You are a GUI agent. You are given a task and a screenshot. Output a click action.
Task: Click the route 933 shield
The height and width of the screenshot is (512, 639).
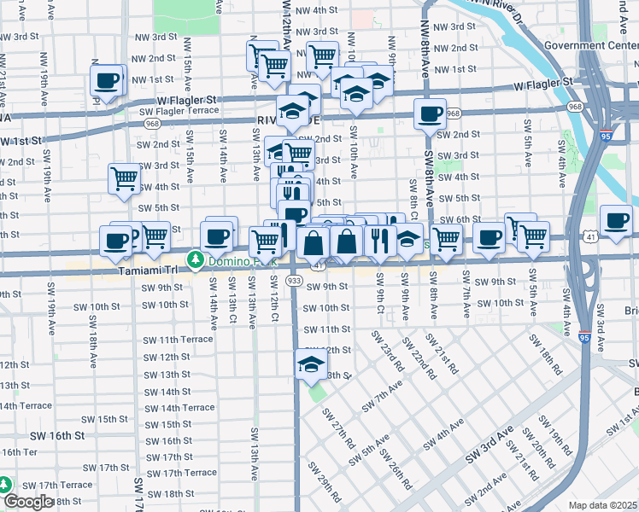click(x=295, y=280)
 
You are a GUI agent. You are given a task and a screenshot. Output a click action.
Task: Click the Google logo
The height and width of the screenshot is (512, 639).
click(x=27, y=502)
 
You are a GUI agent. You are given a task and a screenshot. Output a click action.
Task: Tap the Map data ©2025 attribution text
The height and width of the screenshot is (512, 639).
click(x=601, y=505)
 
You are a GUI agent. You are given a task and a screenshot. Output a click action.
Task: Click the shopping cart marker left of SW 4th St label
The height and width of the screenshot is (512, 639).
click(x=124, y=179)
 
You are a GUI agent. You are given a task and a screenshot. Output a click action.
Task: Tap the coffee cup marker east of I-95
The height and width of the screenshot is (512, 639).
click(x=616, y=221)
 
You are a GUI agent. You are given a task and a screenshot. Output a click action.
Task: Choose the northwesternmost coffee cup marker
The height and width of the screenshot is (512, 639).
click(x=107, y=82)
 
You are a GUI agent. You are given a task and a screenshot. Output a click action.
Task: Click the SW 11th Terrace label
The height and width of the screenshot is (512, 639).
click(x=179, y=340)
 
